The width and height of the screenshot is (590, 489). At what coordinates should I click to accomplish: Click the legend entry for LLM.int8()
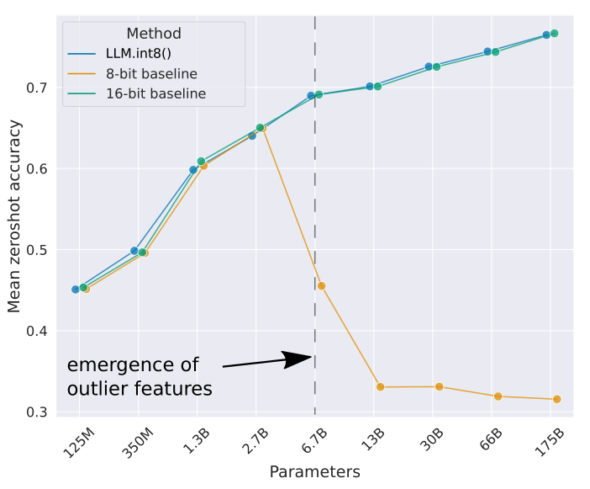tap(138, 54)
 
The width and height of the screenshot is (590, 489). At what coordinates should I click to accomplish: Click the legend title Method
tap(154, 34)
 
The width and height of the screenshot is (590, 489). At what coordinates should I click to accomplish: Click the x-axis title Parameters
tap(314, 471)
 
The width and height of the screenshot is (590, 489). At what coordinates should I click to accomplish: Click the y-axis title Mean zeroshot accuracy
tap(14, 215)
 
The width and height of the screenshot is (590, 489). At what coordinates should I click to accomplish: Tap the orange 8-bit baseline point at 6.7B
tap(321, 286)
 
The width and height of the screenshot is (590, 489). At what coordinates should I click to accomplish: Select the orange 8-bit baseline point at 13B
tap(380, 387)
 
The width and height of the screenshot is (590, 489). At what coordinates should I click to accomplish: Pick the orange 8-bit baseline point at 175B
tap(556, 399)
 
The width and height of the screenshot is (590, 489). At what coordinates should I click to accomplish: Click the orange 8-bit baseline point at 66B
tap(498, 396)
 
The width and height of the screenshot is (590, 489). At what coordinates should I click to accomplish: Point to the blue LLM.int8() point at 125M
tap(76, 290)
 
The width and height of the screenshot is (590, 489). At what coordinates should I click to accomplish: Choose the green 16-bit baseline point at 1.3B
tap(201, 162)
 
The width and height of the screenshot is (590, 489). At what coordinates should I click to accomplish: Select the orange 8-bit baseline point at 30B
tap(439, 386)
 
